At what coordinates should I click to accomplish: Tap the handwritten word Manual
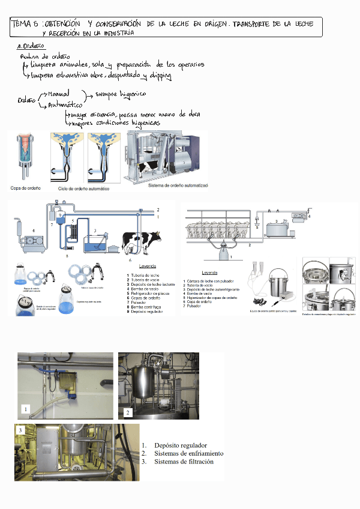tap(58, 94)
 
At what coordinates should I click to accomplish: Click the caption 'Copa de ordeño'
tap(26, 188)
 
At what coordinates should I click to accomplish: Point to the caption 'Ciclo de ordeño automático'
tap(83, 188)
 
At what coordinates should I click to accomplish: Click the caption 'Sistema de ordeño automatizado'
tap(178, 186)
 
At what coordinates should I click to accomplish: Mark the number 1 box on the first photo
tap(25, 409)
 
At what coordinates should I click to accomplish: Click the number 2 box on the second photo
tap(127, 412)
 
